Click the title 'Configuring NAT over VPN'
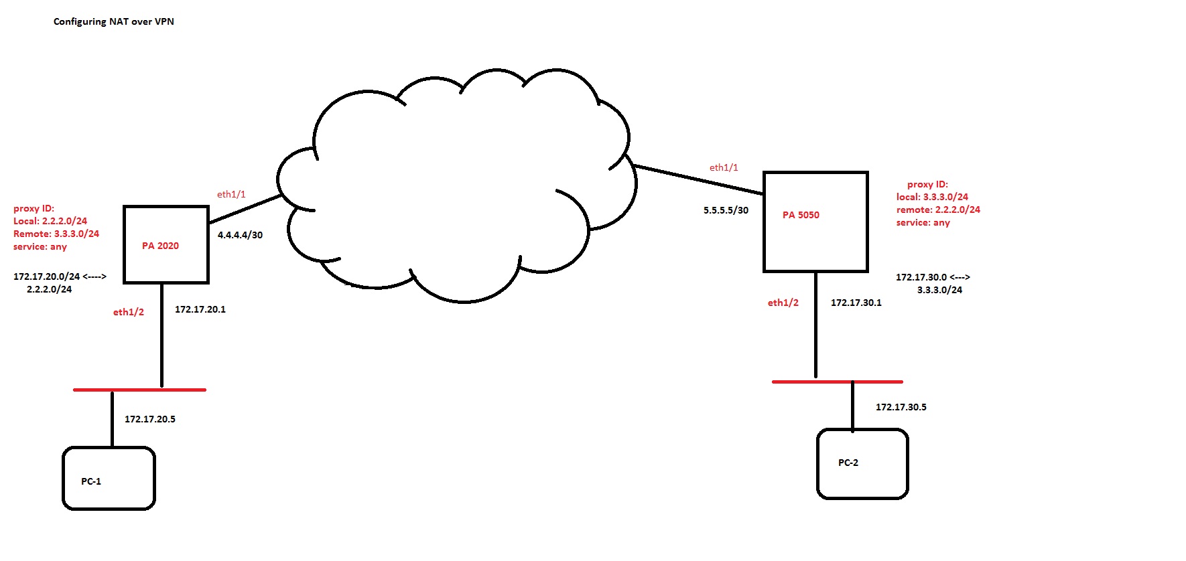coord(114,21)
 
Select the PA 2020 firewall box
coord(166,244)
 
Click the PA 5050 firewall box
coord(815,222)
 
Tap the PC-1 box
coord(109,479)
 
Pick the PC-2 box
coord(862,463)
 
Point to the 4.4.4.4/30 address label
coord(240,235)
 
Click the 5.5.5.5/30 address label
coord(726,210)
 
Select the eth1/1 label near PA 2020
coord(231,194)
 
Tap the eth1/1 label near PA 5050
coord(724,167)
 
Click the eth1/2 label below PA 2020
coord(129,312)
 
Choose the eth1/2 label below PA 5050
coord(783,303)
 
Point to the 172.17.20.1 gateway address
coord(200,309)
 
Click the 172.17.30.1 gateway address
coord(856,303)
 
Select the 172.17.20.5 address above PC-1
coord(150,419)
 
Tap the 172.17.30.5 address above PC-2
coord(901,407)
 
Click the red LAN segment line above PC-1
coord(139,390)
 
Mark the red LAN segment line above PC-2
coord(838,382)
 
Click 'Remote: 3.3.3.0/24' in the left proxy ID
coord(56,234)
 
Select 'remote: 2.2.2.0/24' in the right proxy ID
coord(938,210)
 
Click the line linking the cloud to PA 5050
coord(697,179)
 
